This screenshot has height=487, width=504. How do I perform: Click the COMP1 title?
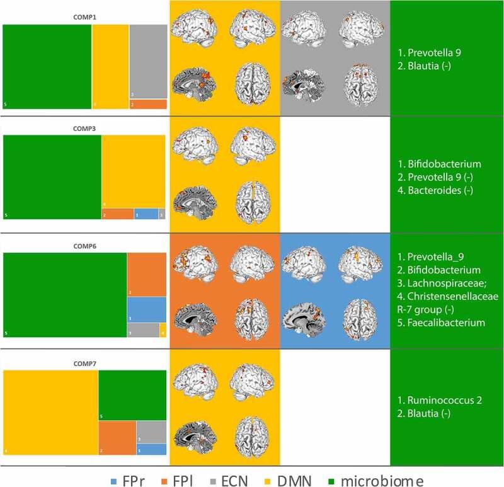tap(84, 19)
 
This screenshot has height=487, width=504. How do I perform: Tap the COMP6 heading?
tap(84, 246)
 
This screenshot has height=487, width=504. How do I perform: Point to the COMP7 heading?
tap(84, 364)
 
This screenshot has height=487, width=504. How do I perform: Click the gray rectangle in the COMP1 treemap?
tap(148, 62)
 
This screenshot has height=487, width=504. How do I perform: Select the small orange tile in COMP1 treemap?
tap(148, 104)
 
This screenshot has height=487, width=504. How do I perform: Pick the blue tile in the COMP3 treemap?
tap(146, 214)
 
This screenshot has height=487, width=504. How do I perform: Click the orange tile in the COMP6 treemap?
tap(146, 274)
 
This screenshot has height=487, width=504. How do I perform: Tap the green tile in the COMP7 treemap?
tap(132, 395)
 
